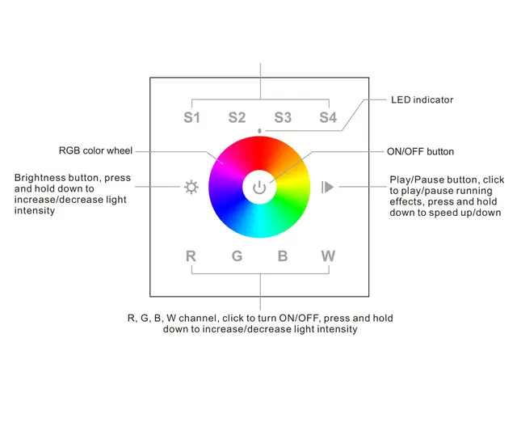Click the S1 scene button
(x=191, y=117)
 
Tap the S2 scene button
(x=237, y=117)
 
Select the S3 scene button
(x=282, y=117)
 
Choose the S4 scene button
(x=327, y=117)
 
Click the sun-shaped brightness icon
(x=191, y=188)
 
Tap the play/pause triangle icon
(x=327, y=188)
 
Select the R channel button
(x=191, y=256)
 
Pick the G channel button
(x=237, y=256)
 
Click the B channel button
(x=283, y=256)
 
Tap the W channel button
(x=328, y=256)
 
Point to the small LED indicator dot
(x=259, y=130)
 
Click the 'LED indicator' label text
(x=422, y=100)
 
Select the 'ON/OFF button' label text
(x=420, y=151)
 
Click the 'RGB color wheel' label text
(x=95, y=150)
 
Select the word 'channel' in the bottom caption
(x=205, y=318)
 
